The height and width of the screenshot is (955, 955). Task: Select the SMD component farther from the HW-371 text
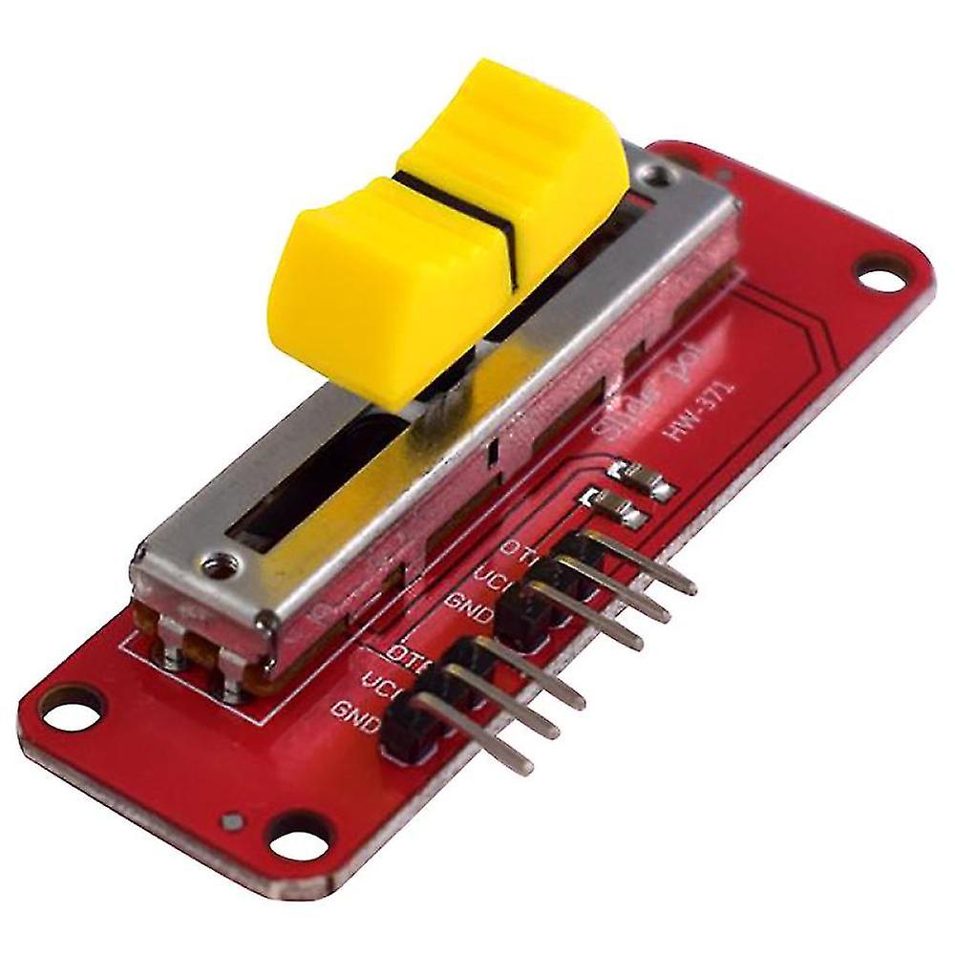616,507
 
